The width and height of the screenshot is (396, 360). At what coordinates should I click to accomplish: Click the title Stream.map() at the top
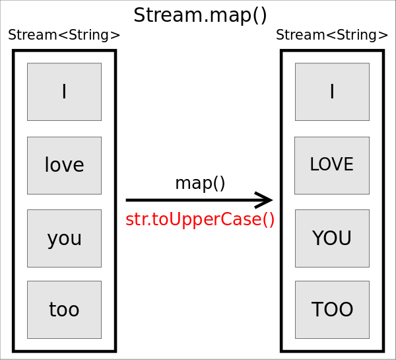click(200, 15)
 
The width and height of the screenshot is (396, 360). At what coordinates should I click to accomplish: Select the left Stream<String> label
click(64, 36)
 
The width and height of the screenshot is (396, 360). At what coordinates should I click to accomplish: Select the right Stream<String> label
click(332, 36)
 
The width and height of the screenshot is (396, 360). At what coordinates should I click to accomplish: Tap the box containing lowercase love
click(64, 165)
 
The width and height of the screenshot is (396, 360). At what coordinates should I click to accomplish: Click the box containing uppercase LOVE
click(332, 165)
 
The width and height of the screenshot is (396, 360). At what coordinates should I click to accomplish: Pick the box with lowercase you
click(64, 238)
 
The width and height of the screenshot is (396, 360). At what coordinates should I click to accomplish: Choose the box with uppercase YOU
click(332, 238)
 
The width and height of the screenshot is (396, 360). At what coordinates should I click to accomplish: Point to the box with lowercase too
click(64, 309)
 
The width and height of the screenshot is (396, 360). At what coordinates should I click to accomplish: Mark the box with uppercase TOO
click(332, 309)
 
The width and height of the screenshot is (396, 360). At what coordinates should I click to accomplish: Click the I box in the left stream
click(64, 92)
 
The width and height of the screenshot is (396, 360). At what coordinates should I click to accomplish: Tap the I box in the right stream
click(332, 92)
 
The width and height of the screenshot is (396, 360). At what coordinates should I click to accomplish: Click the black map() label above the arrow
click(200, 183)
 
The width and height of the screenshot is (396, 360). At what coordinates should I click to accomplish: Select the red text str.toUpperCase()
click(200, 219)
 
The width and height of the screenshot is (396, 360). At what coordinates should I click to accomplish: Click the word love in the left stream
click(64, 165)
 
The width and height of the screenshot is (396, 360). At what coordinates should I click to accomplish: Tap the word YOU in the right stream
click(332, 238)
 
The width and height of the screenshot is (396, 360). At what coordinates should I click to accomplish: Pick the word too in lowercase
click(64, 309)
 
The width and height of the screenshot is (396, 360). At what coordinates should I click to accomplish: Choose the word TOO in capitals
click(332, 309)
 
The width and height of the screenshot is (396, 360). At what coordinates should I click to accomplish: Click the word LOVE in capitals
click(332, 165)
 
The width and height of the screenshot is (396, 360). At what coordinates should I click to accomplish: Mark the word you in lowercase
click(64, 238)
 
